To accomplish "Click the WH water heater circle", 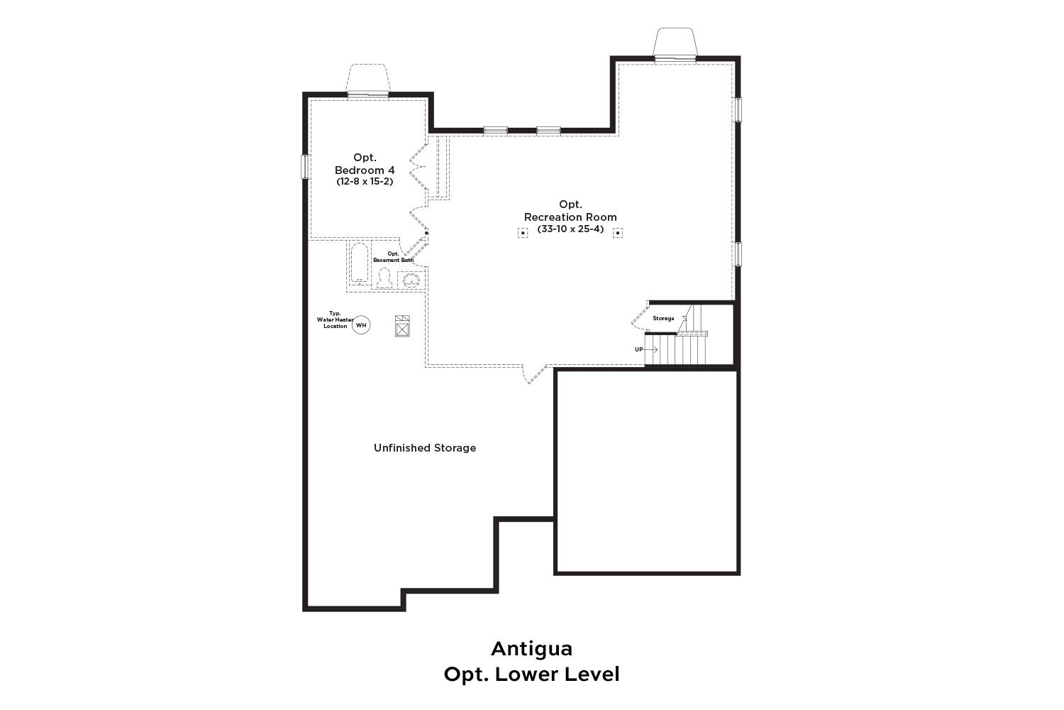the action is [x=361, y=325].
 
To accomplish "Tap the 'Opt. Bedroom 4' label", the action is [x=365, y=163].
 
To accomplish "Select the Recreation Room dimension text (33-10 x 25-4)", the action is [x=570, y=229].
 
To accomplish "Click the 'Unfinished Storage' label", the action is [x=425, y=448].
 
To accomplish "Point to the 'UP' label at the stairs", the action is [x=639, y=349].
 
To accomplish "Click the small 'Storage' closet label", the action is [x=663, y=319].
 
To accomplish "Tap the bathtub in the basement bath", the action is [x=360, y=263].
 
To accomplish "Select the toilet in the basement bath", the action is [x=384, y=278].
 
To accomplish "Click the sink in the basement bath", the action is [x=411, y=280].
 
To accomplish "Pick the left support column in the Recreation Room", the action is [x=523, y=233].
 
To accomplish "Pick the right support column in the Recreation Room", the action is [x=618, y=233].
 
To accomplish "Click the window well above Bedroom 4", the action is [x=368, y=79].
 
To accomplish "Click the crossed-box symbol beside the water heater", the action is [x=402, y=326].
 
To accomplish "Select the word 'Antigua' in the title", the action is [x=531, y=649].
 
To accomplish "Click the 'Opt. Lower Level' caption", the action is [x=531, y=674].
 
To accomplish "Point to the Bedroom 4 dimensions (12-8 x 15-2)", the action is [x=365, y=182].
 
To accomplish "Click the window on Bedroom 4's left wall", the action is [x=306, y=167].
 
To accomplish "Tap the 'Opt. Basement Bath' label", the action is [x=393, y=257].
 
